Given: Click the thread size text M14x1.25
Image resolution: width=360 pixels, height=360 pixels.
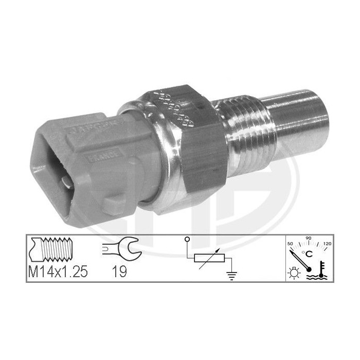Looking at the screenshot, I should click(x=57, y=272).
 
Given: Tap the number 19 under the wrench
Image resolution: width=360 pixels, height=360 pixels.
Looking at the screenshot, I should click(x=120, y=272).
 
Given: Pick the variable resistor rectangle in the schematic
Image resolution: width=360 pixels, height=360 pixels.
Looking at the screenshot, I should click(x=209, y=257).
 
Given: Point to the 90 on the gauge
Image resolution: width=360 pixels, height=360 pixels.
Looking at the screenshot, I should click(x=309, y=239).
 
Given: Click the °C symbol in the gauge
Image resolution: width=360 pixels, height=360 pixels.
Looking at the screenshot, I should click(x=309, y=253).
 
